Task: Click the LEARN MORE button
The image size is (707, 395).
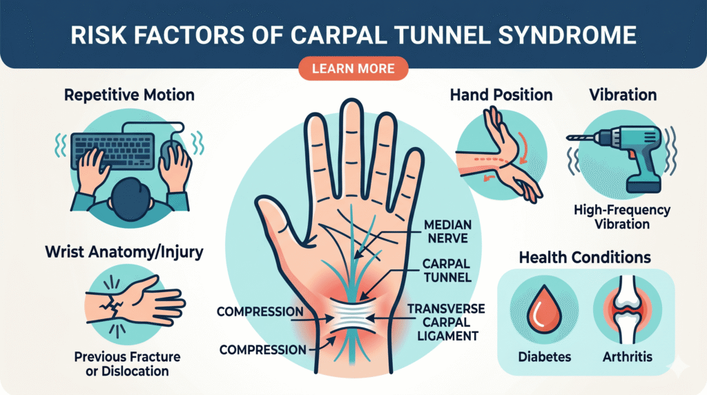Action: tap(353, 68)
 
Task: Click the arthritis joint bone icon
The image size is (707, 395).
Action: tap(628, 309)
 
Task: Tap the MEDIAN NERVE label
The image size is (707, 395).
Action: tap(447, 231)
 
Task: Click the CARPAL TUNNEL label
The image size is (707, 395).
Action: tap(447, 270)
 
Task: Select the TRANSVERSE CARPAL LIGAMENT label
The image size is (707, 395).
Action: tap(447, 322)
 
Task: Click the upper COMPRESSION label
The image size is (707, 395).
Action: tap(260, 311)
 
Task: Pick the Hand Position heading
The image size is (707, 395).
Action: tap(501, 95)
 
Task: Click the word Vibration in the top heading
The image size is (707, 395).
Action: tap(623, 95)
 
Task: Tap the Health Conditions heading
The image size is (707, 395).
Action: tap(585, 258)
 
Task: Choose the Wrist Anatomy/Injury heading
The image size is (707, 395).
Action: tap(124, 252)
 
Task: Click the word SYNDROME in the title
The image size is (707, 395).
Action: tap(568, 35)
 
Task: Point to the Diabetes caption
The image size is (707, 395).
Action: tap(544, 357)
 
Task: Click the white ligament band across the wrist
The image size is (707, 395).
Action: tap(353, 318)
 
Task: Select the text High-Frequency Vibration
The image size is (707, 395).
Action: tap(622, 217)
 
